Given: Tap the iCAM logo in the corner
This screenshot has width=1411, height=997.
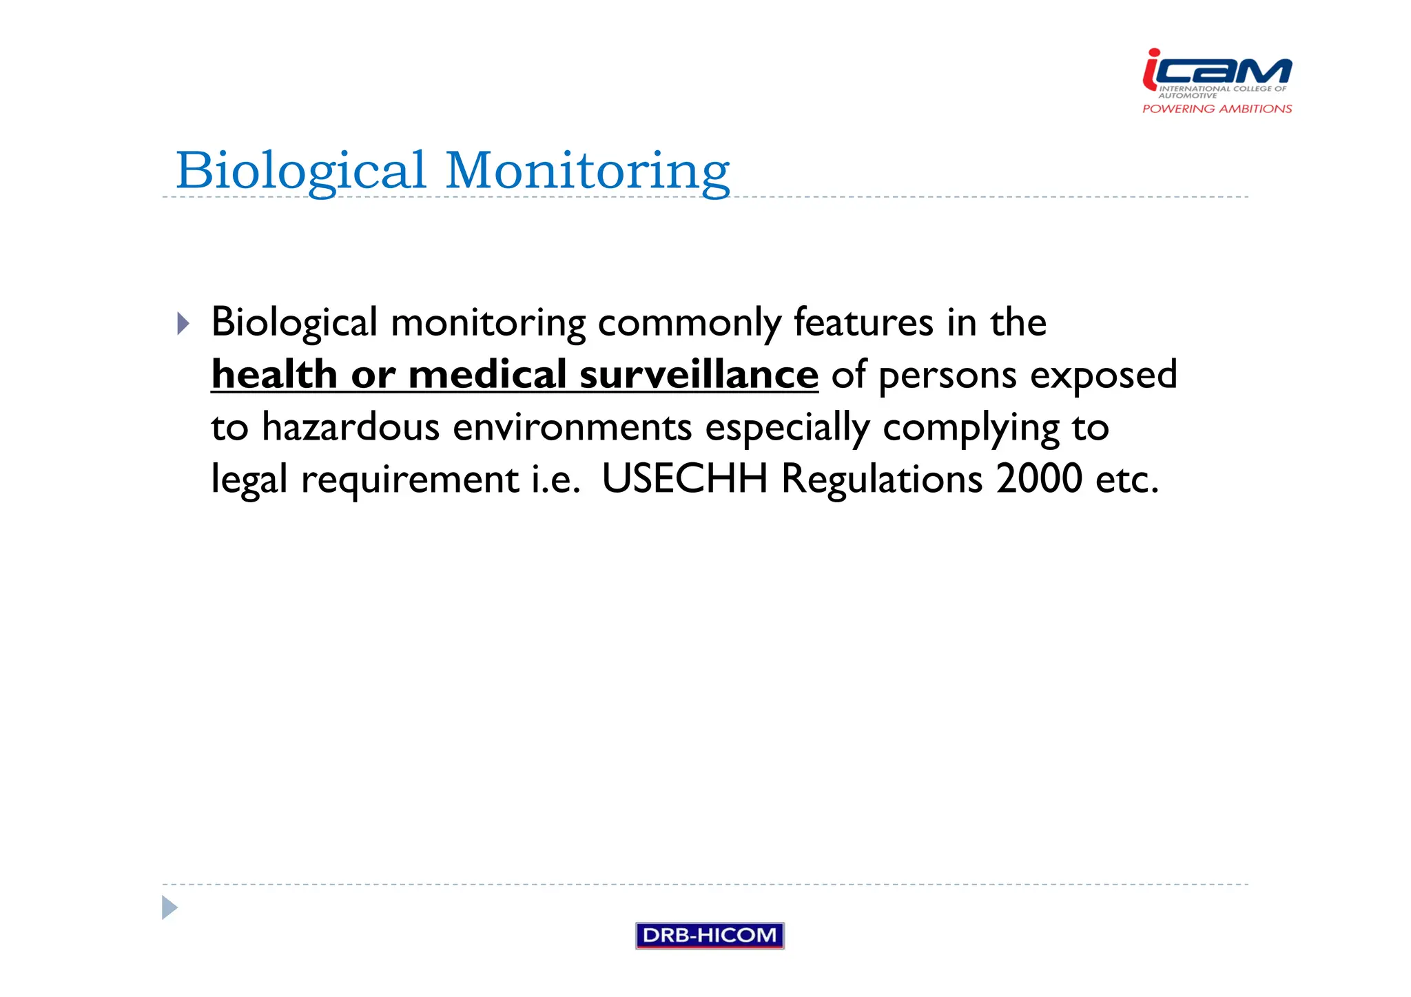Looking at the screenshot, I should click(x=1217, y=71).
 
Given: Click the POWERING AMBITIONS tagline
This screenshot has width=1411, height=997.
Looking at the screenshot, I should click(x=1217, y=109).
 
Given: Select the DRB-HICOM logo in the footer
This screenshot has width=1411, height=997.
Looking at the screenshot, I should click(x=710, y=935).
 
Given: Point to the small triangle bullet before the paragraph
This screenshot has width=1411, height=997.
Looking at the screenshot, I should click(x=183, y=323).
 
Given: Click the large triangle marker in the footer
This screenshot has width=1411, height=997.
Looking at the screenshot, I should click(x=169, y=907).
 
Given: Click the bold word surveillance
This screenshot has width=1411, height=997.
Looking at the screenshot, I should click(x=699, y=375).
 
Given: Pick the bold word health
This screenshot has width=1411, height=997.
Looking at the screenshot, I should click(x=274, y=375).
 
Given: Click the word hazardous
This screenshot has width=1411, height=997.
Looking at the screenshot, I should click(x=351, y=427).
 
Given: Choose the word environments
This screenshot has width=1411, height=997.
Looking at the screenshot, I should click(x=572, y=427).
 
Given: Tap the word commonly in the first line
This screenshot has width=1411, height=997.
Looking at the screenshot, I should click(x=689, y=322).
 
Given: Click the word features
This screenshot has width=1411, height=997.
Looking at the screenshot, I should click(x=863, y=322).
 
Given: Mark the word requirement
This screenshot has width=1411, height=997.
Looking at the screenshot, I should click(x=410, y=480).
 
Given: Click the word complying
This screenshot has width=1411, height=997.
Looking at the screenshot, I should click(x=971, y=428).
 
